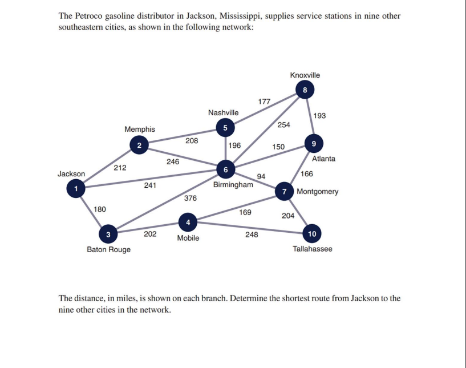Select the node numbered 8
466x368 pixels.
pyautogui.click(x=305, y=90)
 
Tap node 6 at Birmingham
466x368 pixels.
pyautogui.click(x=226, y=169)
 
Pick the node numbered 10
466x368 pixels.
pyautogui.click(x=312, y=233)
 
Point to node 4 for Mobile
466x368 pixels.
pyautogui.click(x=188, y=221)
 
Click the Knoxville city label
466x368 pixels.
pyautogui.click(x=305, y=75)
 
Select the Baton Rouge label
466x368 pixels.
pyautogui.click(x=108, y=249)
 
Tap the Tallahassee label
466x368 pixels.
pyautogui.click(x=312, y=249)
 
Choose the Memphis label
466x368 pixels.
pyautogui.click(x=140, y=130)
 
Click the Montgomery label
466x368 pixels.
pyautogui.click(x=318, y=192)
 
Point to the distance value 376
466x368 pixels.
pyautogui.click(x=191, y=198)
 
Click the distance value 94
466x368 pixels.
pyautogui.click(x=261, y=176)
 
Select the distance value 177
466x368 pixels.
pyautogui.click(x=264, y=102)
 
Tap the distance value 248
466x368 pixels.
pyautogui.click(x=252, y=234)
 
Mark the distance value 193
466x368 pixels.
pyautogui.click(x=320, y=116)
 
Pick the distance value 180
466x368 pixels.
pyautogui.click(x=100, y=209)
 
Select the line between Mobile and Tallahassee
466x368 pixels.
pyautogui.click(x=251, y=227)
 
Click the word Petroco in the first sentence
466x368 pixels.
pyautogui.click(x=88, y=16)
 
